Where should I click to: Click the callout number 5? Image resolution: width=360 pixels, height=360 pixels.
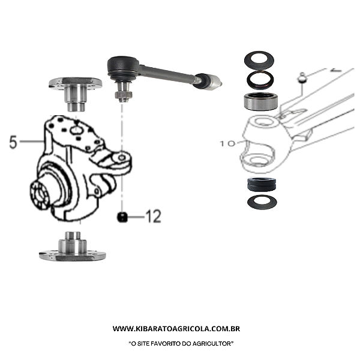click(13, 142)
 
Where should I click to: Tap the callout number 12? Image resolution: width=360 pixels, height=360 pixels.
click(154, 216)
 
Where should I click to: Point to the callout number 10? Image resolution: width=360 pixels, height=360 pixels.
click(228, 144)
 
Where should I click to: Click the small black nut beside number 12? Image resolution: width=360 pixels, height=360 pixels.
click(122, 217)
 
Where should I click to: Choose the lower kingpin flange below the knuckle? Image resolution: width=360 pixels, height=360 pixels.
click(73, 247)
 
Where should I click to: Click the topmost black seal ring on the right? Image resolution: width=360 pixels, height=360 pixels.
click(259, 60)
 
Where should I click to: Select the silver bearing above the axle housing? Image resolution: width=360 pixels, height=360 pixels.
click(260, 101)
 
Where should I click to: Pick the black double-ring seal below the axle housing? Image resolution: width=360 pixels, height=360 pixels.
click(262, 184)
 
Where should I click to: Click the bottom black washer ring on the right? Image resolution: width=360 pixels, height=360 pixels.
click(262, 202)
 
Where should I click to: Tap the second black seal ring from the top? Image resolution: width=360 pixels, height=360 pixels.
click(260, 80)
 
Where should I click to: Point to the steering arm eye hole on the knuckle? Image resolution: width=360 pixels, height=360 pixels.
click(122, 157)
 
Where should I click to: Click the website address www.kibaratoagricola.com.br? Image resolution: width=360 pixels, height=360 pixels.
click(176, 329)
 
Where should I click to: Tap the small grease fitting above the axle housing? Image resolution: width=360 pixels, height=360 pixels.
click(302, 78)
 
